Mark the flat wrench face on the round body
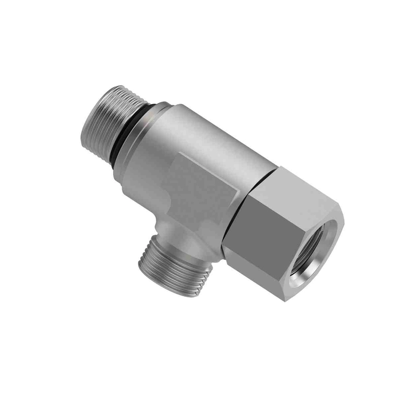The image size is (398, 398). tap(202, 188)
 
